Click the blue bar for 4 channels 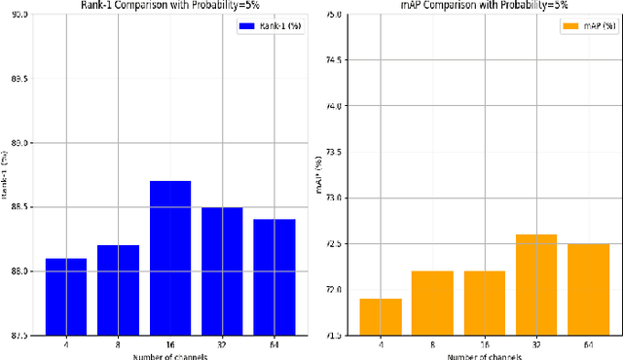point(65,297)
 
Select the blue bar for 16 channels point(169,258)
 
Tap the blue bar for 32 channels point(221,270)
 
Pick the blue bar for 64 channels point(273,277)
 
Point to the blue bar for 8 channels point(118,290)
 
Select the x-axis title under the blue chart point(169,355)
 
